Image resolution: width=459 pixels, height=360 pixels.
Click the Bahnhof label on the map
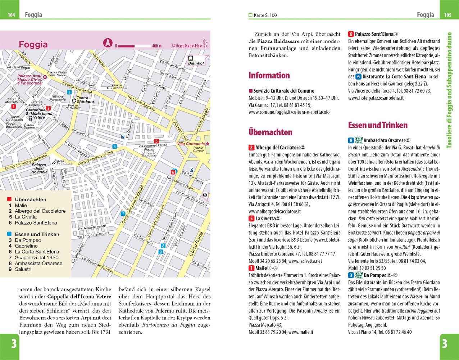196,63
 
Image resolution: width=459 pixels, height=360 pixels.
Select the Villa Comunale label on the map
191,144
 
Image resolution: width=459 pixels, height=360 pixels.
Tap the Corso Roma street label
196,245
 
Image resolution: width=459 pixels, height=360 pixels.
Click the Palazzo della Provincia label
39,168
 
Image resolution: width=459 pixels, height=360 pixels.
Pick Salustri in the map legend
23,269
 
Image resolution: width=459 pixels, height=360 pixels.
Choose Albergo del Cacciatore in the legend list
40,211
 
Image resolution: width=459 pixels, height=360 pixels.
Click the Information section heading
269,75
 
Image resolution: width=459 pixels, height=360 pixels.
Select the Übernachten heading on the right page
270,132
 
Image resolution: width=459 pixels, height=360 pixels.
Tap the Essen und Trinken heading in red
378,125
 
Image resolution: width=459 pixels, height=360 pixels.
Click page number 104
12,15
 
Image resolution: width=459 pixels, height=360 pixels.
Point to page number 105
447,15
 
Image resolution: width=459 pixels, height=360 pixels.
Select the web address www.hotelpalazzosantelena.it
376,98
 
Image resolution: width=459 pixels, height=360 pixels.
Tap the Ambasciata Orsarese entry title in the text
384,140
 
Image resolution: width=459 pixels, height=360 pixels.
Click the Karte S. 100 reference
265,15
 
